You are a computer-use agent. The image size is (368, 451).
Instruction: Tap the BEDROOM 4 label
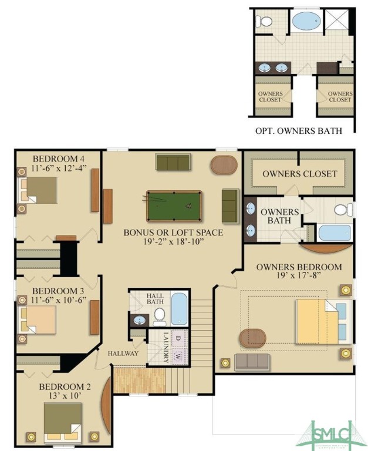click(x=59, y=159)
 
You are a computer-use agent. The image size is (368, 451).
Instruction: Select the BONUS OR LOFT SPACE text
click(x=173, y=233)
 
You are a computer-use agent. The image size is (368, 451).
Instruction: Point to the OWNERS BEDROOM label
click(x=299, y=267)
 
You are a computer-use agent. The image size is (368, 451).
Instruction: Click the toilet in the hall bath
click(x=159, y=316)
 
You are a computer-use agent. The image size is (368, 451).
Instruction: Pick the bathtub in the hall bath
click(x=179, y=310)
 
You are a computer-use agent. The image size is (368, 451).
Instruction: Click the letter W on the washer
click(x=178, y=355)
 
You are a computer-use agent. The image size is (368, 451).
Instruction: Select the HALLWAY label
click(x=123, y=354)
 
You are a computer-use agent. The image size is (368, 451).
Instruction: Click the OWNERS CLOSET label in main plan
click(x=299, y=174)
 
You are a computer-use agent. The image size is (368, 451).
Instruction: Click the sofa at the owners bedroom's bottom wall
click(x=252, y=362)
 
